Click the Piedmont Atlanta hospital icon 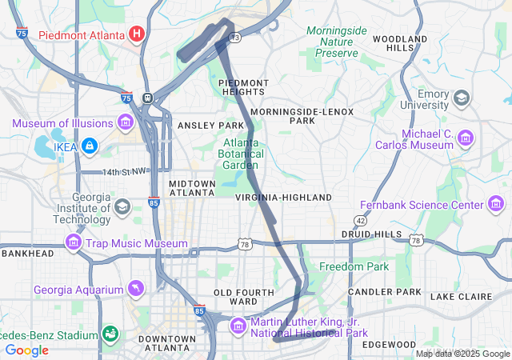pos(137,34)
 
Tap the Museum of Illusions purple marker pos(125,122)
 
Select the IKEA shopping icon pos(89,146)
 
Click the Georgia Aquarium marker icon pos(137,287)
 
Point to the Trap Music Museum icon pos(74,242)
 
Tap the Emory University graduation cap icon pos(461,98)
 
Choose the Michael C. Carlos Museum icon pos(465,140)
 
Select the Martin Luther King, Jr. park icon pos(238,326)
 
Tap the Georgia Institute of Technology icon pos(122,207)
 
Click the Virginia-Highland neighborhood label pos(283,197)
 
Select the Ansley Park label pos(210,126)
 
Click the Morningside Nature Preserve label pos(336,42)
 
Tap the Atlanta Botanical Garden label pos(240,154)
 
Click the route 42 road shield pos(361,220)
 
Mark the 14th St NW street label pos(125,172)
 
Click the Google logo pos(27,350)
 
